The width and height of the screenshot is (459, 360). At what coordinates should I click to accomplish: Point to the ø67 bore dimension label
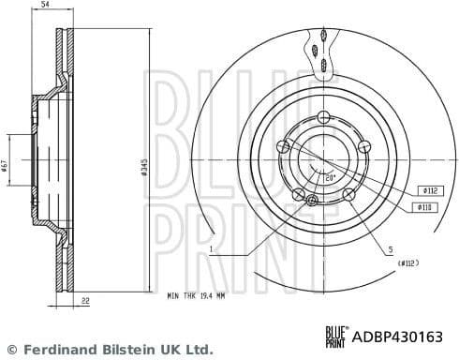click(x=6, y=166)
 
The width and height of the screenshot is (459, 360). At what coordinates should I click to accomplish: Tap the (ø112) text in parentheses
click(x=407, y=262)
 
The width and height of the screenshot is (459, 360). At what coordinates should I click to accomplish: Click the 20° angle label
click(x=330, y=175)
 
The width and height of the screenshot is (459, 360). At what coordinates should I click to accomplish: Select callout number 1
click(x=213, y=250)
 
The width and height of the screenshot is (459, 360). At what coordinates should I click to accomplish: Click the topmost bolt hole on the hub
click(x=324, y=116)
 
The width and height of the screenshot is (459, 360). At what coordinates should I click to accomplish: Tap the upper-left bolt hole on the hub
click(x=282, y=145)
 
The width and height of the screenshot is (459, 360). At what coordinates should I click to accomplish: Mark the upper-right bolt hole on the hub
click(x=365, y=144)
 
